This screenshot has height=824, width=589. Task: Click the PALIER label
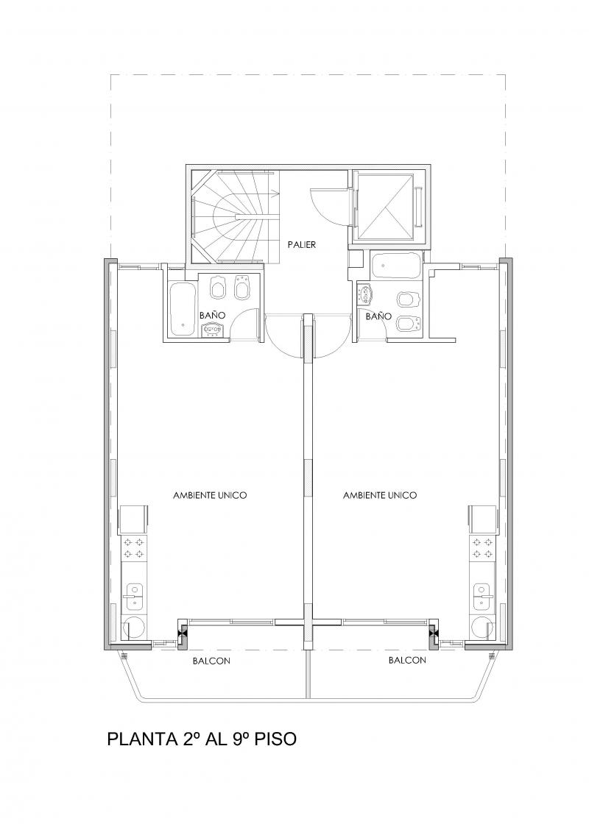click(x=302, y=244)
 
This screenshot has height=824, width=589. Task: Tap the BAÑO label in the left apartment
click(x=213, y=316)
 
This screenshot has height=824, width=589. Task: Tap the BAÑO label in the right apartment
click(x=378, y=316)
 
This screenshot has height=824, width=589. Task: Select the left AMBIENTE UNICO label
click(x=210, y=495)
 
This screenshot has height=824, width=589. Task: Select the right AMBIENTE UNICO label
click(x=380, y=495)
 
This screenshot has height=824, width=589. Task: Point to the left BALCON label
click(x=211, y=661)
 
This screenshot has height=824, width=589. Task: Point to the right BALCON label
click(x=407, y=660)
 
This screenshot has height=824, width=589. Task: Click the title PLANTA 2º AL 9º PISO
click(x=202, y=739)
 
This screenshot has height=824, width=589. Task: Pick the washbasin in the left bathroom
click(x=214, y=330)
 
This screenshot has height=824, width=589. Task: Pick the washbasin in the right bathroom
click(x=364, y=295)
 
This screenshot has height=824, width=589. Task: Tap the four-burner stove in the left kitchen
click(x=133, y=547)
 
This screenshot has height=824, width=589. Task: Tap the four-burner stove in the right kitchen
click(x=482, y=547)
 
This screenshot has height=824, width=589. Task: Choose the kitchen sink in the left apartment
click(x=134, y=596)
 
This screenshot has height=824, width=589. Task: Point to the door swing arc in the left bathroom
click(x=240, y=316)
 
